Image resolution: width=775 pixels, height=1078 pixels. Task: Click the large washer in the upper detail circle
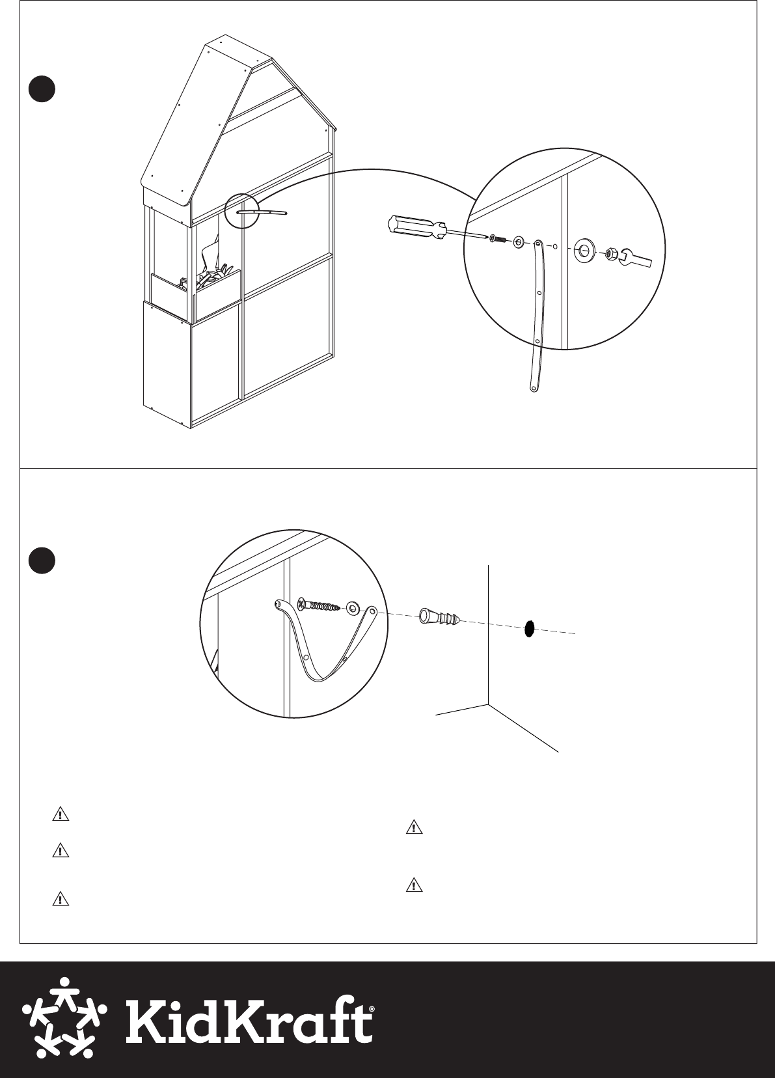(x=584, y=249)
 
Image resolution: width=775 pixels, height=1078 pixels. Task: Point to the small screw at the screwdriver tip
(x=499, y=239)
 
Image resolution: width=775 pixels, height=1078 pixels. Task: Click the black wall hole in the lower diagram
(x=530, y=628)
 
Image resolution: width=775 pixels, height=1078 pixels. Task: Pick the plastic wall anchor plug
(x=440, y=618)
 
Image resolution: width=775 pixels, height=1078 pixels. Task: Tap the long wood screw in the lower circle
(x=318, y=605)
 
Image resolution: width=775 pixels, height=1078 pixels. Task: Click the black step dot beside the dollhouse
(x=42, y=89)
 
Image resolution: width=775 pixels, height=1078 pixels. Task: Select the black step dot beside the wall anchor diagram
(x=42, y=560)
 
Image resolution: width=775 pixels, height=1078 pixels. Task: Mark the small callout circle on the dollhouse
(x=243, y=210)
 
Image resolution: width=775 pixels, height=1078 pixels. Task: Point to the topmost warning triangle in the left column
(x=61, y=814)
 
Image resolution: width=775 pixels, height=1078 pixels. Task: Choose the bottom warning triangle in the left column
(x=61, y=898)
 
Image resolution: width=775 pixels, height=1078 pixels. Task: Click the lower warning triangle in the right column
(x=415, y=885)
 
